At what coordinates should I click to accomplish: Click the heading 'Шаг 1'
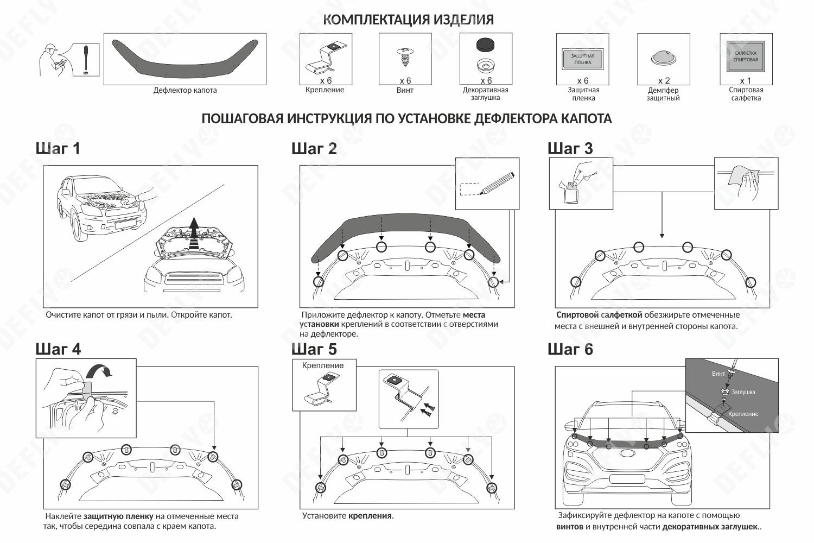[58, 148]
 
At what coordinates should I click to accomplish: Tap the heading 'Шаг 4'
[58, 349]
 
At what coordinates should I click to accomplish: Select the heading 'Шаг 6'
[570, 349]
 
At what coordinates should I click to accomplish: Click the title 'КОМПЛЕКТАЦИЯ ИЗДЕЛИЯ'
[408, 20]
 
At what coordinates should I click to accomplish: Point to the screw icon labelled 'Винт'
[404, 56]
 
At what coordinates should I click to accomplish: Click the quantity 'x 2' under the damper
[664, 80]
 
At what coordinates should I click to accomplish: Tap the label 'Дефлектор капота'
[185, 91]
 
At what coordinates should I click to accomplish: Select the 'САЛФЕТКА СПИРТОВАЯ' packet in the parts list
[746, 56]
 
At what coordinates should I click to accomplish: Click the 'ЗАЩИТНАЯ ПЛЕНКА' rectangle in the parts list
[582, 59]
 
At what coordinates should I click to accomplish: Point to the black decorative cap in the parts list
[486, 44]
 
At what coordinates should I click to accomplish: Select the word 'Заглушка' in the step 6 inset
[743, 392]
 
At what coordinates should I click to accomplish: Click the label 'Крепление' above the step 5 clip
[323, 365]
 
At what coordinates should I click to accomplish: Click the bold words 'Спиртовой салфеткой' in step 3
[599, 315]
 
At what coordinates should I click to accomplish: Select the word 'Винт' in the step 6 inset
[718, 374]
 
